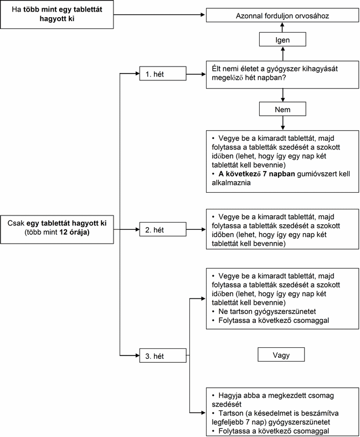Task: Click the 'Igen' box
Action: click(282, 39)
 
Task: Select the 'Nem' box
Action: click(282, 109)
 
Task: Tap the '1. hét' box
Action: click(163, 74)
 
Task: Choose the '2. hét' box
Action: click(163, 229)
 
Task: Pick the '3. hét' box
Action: click(163, 356)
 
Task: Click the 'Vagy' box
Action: click(281, 354)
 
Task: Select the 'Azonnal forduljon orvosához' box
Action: click(282, 15)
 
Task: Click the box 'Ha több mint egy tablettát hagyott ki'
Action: click(57, 14)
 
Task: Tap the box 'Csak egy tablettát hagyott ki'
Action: click(57, 229)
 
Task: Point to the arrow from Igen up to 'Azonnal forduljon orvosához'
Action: click(282, 27)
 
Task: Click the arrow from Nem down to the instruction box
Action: click(282, 123)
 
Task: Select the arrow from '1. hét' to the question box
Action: click(196, 74)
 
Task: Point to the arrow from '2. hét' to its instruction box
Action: click(196, 229)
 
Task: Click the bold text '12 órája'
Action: click(74, 232)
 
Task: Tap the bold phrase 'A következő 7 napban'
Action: click(256, 173)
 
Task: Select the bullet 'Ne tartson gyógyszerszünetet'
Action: click(264, 311)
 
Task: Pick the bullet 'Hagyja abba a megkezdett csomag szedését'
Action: click(273, 400)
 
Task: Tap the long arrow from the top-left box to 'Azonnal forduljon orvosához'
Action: click(160, 14)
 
